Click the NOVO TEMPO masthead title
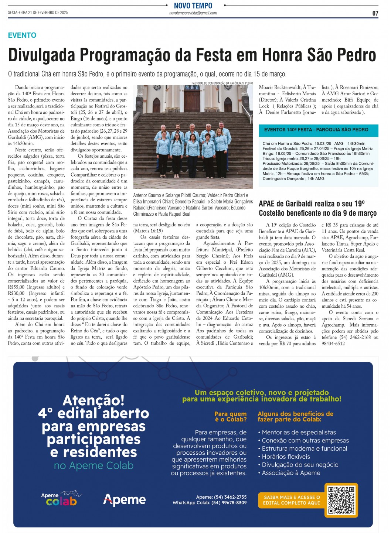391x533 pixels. tap(193, 6)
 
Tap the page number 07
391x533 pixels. tap(375, 13)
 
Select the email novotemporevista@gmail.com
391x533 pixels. tap(193, 13)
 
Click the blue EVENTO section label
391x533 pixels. tap(22, 35)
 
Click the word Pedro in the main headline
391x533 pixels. tap(355, 55)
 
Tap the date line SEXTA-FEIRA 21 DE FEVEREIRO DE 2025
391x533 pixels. tap(38, 13)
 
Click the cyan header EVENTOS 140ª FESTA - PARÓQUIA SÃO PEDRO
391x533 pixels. tap(316, 130)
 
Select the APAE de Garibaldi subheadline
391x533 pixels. tap(317, 208)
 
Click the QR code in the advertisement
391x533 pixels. tap(341, 500)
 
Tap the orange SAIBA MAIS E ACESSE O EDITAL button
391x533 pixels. tap(292, 500)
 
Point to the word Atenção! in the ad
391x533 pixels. tap(93, 400)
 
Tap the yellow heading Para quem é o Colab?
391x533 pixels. tap(230, 417)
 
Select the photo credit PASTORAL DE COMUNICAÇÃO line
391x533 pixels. tap(222, 83)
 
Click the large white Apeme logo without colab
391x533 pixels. tap(125, 500)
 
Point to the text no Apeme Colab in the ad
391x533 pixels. tap(93, 465)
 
